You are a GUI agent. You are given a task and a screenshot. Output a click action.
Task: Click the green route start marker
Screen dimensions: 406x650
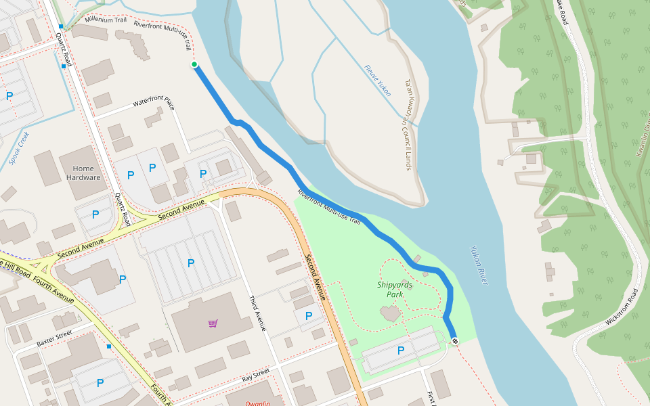pyautogui.click(x=194, y=64)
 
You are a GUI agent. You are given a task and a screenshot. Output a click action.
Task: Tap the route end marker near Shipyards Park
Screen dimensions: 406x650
pyautogui.click(x=454, y=341)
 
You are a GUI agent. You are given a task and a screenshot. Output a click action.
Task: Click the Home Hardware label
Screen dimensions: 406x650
pyautogui.click(x=83, y=173)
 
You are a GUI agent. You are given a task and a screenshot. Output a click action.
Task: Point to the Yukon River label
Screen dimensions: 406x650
pyautogui.click(x=479, y=265)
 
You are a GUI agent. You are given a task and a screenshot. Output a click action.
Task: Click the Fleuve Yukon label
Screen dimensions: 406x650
pyautogui.click(x=377, y=81)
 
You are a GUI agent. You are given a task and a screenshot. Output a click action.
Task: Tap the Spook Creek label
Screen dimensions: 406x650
pyautogui.click(x=20, y=148)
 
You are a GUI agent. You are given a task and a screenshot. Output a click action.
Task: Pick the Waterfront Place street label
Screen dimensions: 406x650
pyautogui.click(x=154, y=104)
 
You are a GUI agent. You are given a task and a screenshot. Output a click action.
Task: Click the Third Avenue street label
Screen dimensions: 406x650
pyautogui.click(x=257, y=313)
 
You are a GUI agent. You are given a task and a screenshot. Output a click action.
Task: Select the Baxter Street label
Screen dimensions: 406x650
pyautogui.click(x=54, y=338)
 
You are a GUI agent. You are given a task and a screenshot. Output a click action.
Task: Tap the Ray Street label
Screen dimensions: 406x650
pyautogui.click(x=256, y=374)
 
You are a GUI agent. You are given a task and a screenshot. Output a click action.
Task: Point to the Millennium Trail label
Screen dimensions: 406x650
pyautogui.click(x=106, y=19)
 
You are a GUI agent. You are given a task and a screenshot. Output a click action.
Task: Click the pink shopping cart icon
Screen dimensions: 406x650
pyautogui.click(x=213, y=323)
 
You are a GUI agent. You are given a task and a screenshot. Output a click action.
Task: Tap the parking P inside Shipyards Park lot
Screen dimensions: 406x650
pyautogui.click(x=400, y=351)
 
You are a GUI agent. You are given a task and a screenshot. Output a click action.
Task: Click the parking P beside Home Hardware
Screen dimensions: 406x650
pyautogui.click(x=131, y=175)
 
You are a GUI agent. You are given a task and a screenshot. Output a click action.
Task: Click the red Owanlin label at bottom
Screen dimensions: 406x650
pyautogui.click(x=258, y=403)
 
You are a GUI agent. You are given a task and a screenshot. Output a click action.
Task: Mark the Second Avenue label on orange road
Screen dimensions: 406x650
pyautogui.click(x=317, y=277)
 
